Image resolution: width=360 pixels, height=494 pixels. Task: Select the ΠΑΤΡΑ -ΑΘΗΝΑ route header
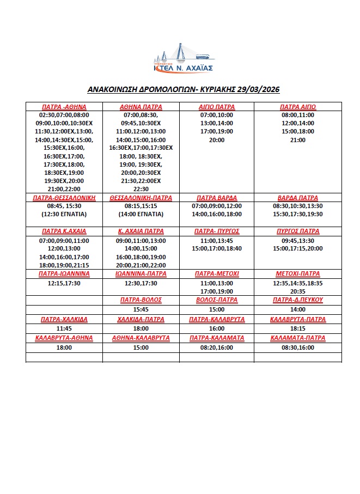(64, 107)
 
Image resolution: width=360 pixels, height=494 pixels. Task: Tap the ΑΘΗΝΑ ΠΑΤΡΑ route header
(141, 107)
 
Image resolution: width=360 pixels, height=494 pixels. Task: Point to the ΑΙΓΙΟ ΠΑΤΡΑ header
(217, 107)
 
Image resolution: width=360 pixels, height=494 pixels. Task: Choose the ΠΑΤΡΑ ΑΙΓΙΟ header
(298, 107)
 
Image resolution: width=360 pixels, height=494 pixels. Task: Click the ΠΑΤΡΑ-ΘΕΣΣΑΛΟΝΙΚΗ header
(64, 198)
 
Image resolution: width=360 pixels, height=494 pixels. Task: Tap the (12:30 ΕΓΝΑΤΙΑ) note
(64, 214)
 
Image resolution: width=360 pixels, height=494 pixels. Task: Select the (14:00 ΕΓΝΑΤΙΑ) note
(141, 214)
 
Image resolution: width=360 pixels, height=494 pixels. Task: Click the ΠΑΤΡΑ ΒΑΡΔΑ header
(217, 198)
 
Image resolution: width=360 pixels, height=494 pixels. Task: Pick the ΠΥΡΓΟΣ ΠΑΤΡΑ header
(298, 231)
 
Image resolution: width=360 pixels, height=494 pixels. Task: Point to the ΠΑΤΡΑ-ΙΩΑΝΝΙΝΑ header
(64, 273)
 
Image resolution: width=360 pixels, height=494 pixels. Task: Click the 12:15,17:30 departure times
(64, 283)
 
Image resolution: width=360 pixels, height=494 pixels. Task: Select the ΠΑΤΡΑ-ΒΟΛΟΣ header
(141, 300)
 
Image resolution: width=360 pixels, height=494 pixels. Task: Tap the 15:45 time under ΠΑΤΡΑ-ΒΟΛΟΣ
(141, 309)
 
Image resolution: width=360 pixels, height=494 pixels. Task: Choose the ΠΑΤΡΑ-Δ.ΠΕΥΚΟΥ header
(298, 300)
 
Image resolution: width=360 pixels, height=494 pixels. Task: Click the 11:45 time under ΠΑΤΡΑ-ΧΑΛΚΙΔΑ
(64, 329)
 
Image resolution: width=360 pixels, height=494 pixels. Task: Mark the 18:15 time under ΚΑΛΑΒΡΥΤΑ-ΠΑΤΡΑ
(298, 329)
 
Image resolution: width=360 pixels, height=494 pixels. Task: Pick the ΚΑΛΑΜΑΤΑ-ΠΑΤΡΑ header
(298, 338)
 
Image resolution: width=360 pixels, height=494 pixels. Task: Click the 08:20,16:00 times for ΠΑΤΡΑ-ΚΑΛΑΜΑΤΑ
(217, 347)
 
